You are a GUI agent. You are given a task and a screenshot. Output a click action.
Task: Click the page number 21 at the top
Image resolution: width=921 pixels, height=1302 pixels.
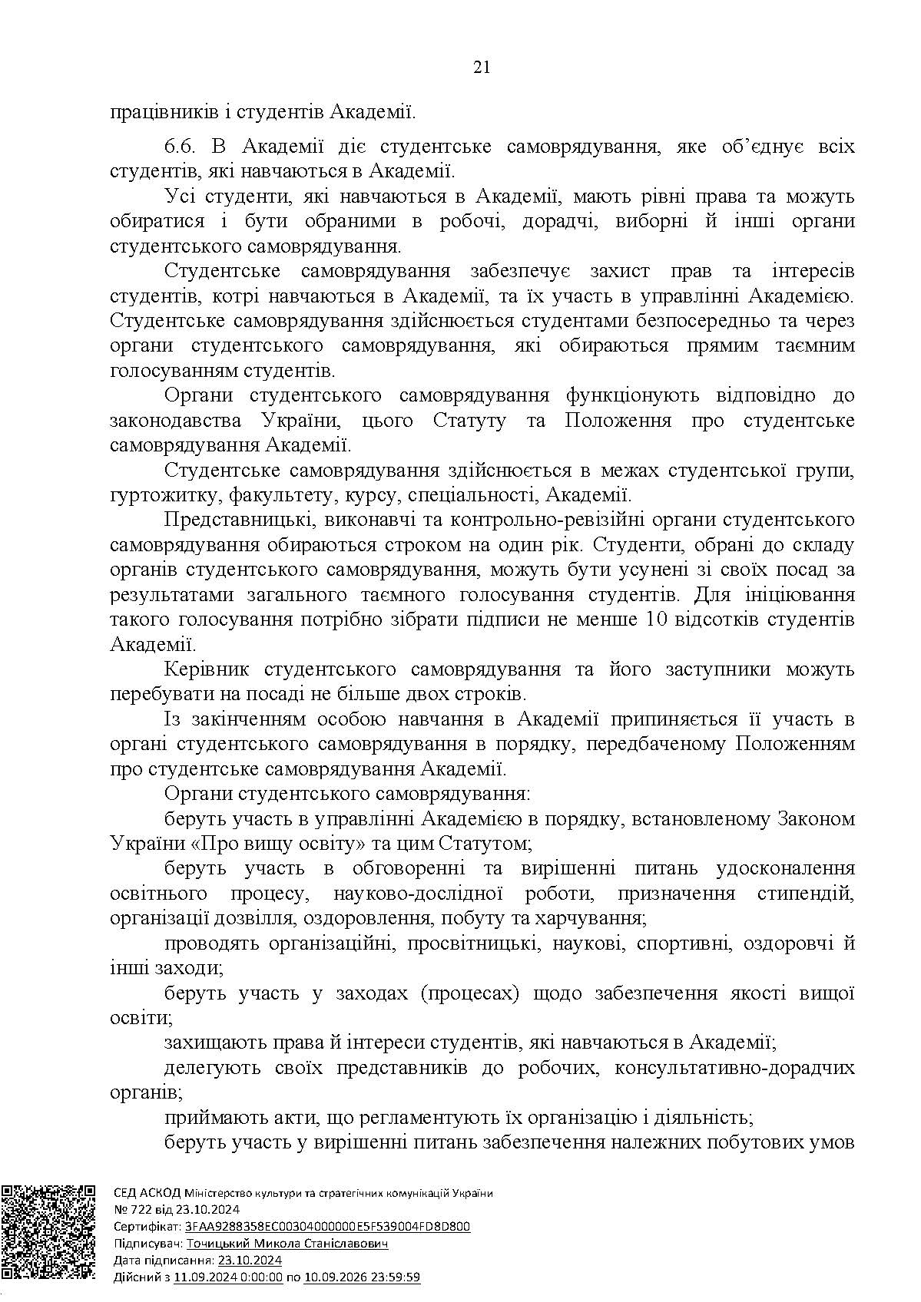(482, 68)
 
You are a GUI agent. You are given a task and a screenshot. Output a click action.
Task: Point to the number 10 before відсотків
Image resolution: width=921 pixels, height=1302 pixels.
(650, 619)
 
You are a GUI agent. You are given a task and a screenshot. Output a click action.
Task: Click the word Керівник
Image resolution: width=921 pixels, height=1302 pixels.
(202, 669)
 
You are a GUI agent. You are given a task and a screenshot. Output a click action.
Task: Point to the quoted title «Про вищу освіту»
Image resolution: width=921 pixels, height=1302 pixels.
(278, 844)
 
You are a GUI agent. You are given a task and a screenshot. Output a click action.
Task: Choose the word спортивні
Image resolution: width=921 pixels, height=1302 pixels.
(680, 943)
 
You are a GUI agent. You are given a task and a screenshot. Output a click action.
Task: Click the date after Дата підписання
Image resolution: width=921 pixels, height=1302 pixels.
(250, 1261)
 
